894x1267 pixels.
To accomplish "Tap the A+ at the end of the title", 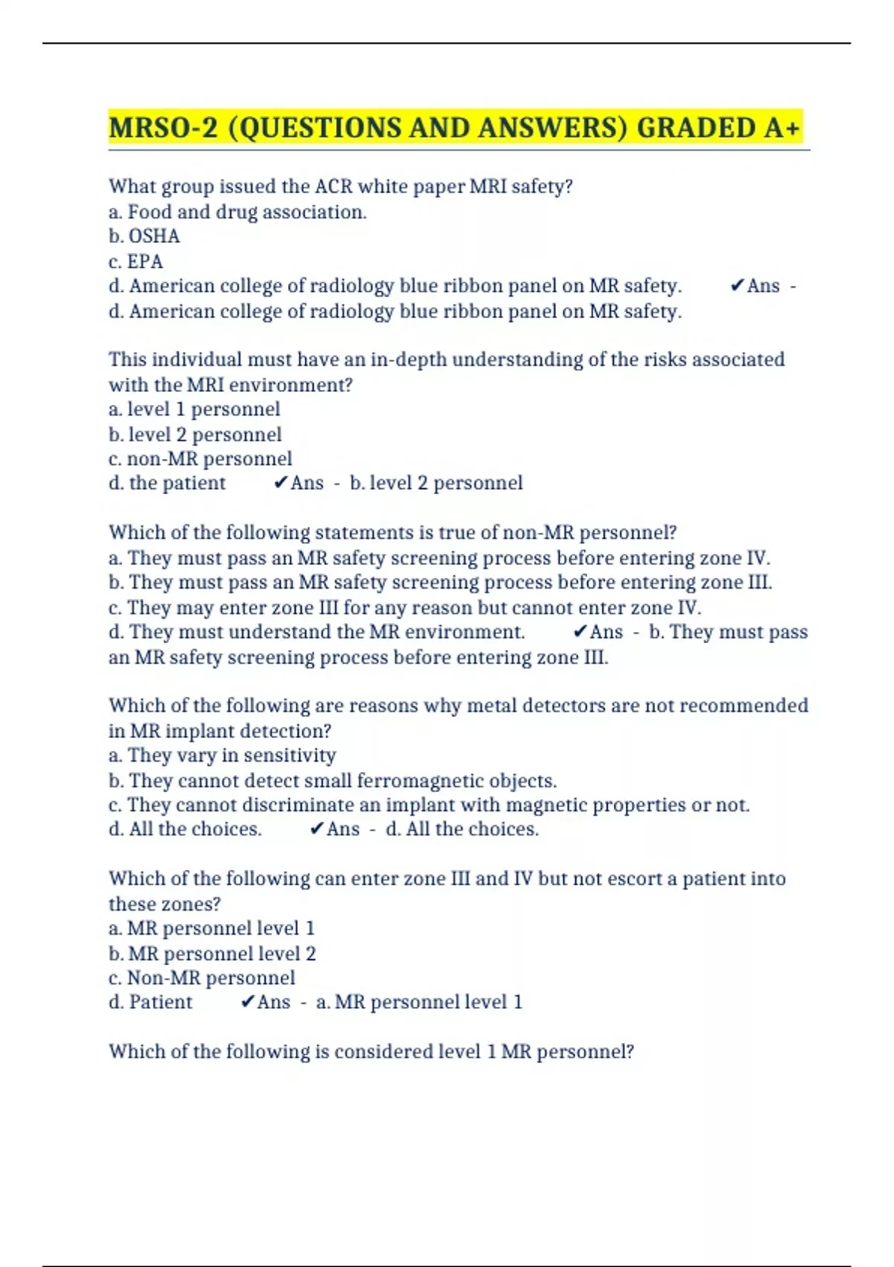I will pyautogui.click(x=782, y=127).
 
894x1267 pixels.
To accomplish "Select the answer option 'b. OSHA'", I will pyautogui.click(x=145, y=236).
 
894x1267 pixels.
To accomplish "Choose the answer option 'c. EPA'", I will pyautogui.click(x=136, y=262).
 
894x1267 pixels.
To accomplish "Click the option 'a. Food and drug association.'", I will pyautogui.click(x=238, y=212).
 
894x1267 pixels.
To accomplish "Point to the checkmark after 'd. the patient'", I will pyautogui.click(x=280, y=483).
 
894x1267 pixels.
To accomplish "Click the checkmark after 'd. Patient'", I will pyautogui.click(x=247, y=1002).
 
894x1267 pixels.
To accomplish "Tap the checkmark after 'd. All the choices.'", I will pyautogui.click(x=316, y=829).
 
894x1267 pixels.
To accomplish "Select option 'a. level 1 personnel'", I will pyautogui.click(x=194, y=409).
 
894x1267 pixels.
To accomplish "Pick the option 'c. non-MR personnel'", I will pyautogui.click(x=200, y=458).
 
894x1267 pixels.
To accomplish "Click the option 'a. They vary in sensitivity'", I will pyautogui.click(x=222, y=755).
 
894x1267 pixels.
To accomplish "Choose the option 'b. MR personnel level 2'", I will pyautogui.click(x=212, y=953).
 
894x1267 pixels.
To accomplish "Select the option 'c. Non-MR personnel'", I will pyautogui.click(x=202, y=977).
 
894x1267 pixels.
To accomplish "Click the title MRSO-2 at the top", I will pyautogui.click(x=163, y=127).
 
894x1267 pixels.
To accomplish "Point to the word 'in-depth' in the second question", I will pyautogui.click(x=408, y=359).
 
